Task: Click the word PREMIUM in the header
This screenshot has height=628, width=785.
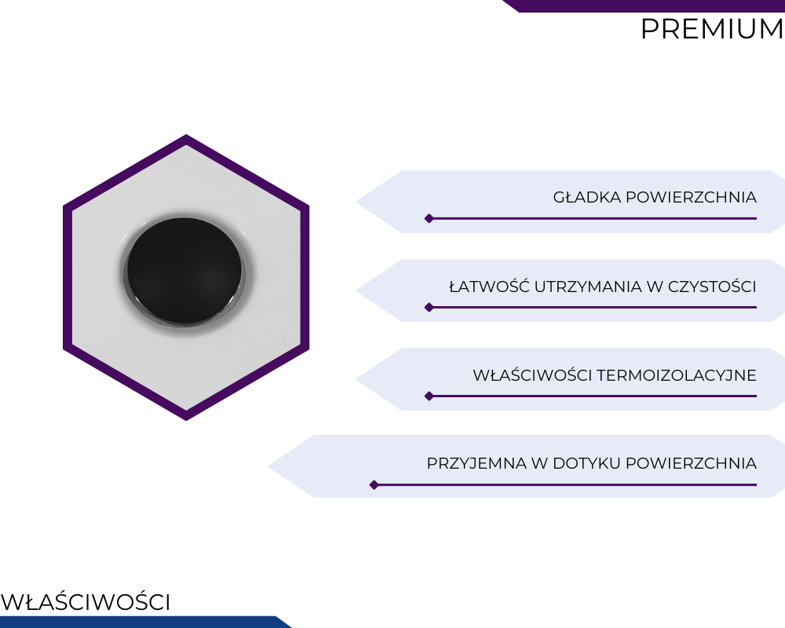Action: point(712,28)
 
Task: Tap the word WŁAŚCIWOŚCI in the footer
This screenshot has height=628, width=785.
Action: point(86,601)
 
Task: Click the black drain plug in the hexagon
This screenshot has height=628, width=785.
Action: point(184,271)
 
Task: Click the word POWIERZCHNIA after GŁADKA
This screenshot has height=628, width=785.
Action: point(692,197)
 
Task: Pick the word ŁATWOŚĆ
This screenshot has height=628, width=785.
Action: point(489,286)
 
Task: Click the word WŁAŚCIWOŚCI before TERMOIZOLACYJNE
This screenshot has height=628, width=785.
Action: point(532,374)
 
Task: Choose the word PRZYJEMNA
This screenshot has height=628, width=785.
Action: point(476,463)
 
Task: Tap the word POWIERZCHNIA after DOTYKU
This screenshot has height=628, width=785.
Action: point(692,463)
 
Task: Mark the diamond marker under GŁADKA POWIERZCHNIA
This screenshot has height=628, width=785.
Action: point(429,218)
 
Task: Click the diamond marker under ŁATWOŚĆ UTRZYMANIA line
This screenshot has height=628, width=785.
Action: point(429,307)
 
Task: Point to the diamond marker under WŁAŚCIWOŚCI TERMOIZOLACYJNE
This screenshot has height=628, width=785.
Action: point(429,396)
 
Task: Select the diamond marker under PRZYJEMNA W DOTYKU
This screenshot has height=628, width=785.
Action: point(374,485)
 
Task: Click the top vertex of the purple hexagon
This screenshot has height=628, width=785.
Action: point(186,134)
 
